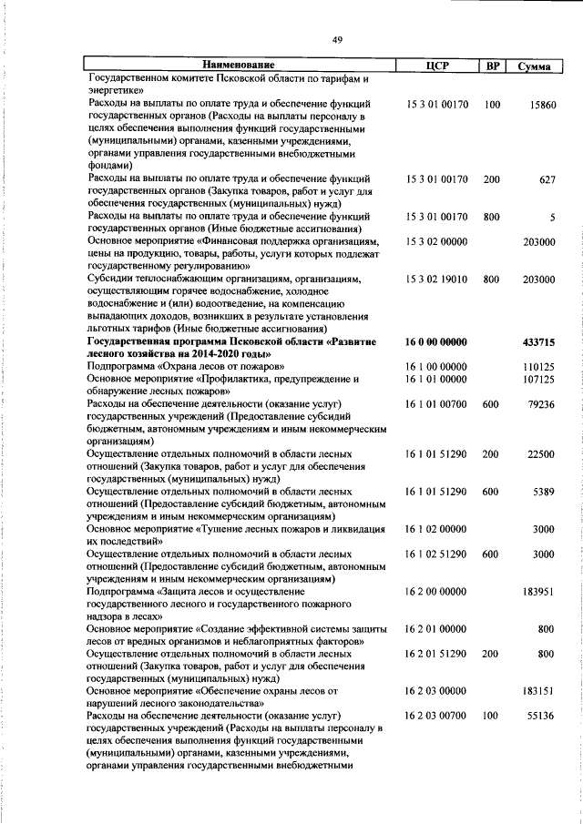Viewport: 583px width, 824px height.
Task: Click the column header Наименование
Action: tap(238, 66)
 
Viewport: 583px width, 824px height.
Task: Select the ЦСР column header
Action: tap(435, 66)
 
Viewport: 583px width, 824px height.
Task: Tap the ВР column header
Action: tap(492, 66)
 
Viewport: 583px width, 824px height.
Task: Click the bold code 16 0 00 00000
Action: tap(436, 341)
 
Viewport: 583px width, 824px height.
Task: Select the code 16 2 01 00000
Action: tap(436, 628)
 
